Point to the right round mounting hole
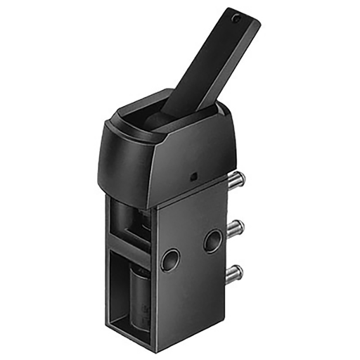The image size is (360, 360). (212, 241)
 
